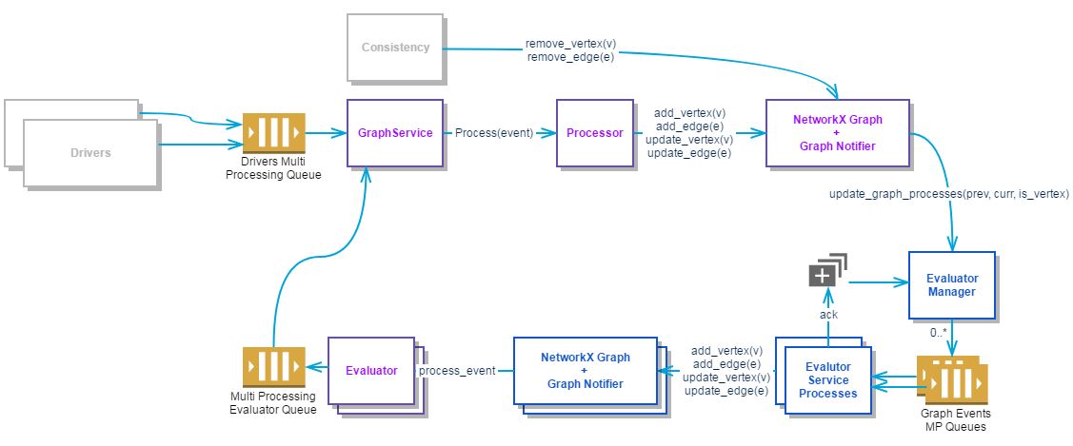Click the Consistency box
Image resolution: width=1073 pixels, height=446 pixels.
pos(395,47)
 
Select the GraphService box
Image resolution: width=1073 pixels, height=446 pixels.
pos(395,133)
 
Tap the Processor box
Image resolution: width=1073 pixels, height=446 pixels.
pos(595,133)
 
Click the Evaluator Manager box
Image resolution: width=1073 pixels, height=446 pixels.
pos(952,285)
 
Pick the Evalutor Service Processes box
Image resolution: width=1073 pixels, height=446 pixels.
pos(827,379)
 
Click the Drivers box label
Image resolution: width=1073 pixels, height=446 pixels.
pos(90,152)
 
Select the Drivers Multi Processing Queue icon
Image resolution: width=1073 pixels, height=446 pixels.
pos(274,133)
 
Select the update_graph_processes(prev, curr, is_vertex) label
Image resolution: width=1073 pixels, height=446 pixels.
pos(949,194)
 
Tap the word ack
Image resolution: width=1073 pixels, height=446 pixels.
pos(827,315)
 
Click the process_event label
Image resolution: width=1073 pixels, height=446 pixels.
pos(458,371)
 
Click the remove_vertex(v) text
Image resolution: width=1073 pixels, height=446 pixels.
pos(569,44)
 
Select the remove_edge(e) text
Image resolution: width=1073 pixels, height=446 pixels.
pos(569,57)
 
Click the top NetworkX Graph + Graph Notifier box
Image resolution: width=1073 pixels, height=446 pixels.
pos(838,133)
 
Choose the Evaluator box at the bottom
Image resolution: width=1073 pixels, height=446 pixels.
pos(371,371)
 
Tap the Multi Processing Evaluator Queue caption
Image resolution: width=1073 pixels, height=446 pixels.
pos(274,402)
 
